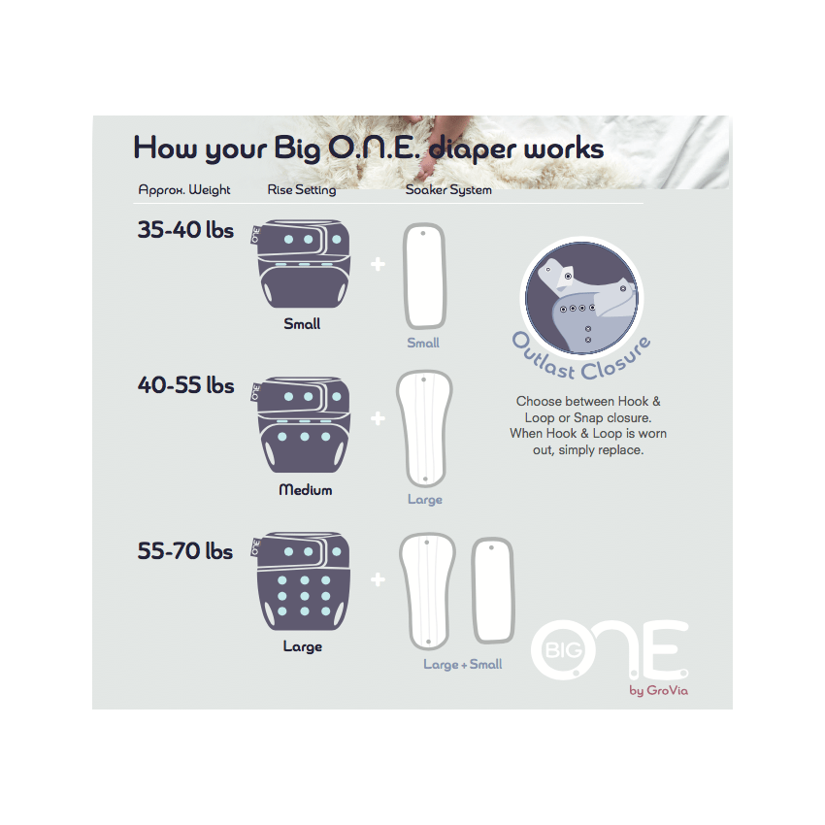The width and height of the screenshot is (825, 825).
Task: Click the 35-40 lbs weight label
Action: pos(185,232)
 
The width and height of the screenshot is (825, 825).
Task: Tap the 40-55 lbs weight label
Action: pos(185,385)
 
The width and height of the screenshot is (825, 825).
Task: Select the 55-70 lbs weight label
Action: pos(185,551)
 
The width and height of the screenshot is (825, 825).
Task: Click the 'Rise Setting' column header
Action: pos(301,190)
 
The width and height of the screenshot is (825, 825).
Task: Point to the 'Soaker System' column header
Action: pos(448,190)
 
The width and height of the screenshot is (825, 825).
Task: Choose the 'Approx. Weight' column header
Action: pos(184,190)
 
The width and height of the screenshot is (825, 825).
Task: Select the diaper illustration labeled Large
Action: pos(302,582)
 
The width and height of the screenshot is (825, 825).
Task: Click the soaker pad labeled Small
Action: pos(423,277)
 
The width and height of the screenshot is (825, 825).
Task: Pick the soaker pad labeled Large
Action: pos(423,427)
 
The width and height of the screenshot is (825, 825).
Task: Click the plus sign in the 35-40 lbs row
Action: pos(378,263)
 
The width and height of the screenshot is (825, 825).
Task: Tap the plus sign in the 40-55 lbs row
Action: pos(378,419)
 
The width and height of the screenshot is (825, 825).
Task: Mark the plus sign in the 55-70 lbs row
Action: pos(378,579)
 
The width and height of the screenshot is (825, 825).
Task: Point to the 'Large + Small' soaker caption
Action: pos(463,665)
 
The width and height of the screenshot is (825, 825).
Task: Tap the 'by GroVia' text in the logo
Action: pos(659,691)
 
